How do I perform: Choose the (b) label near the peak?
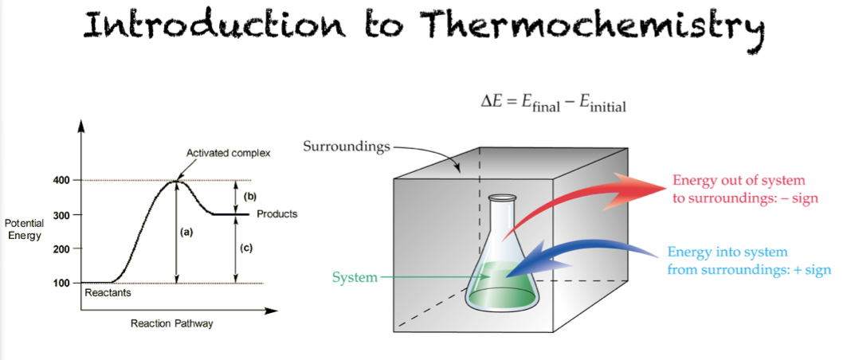click(249, 196)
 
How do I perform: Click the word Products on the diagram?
click(276, 214)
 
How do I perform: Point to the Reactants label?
click(108, 293)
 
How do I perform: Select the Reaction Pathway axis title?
click(172, 324)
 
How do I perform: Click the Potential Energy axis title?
click(24, 229)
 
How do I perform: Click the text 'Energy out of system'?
click(739, 181)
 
